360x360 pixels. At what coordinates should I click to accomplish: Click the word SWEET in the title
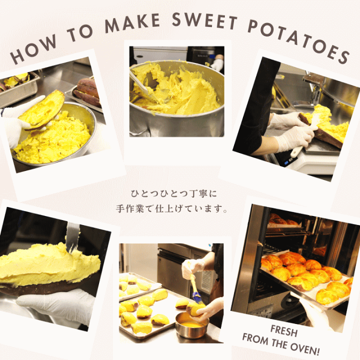[x=204, y=21]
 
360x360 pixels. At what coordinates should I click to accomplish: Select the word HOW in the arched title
[x=33, y=49]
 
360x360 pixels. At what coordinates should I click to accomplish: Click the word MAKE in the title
[x=132, y=23]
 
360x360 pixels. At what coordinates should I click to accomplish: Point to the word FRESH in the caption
[x=284, y=330]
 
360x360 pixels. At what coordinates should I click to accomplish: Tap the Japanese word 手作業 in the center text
[x=130, y=209]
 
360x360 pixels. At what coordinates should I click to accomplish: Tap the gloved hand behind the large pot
[x=217, y=65]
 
